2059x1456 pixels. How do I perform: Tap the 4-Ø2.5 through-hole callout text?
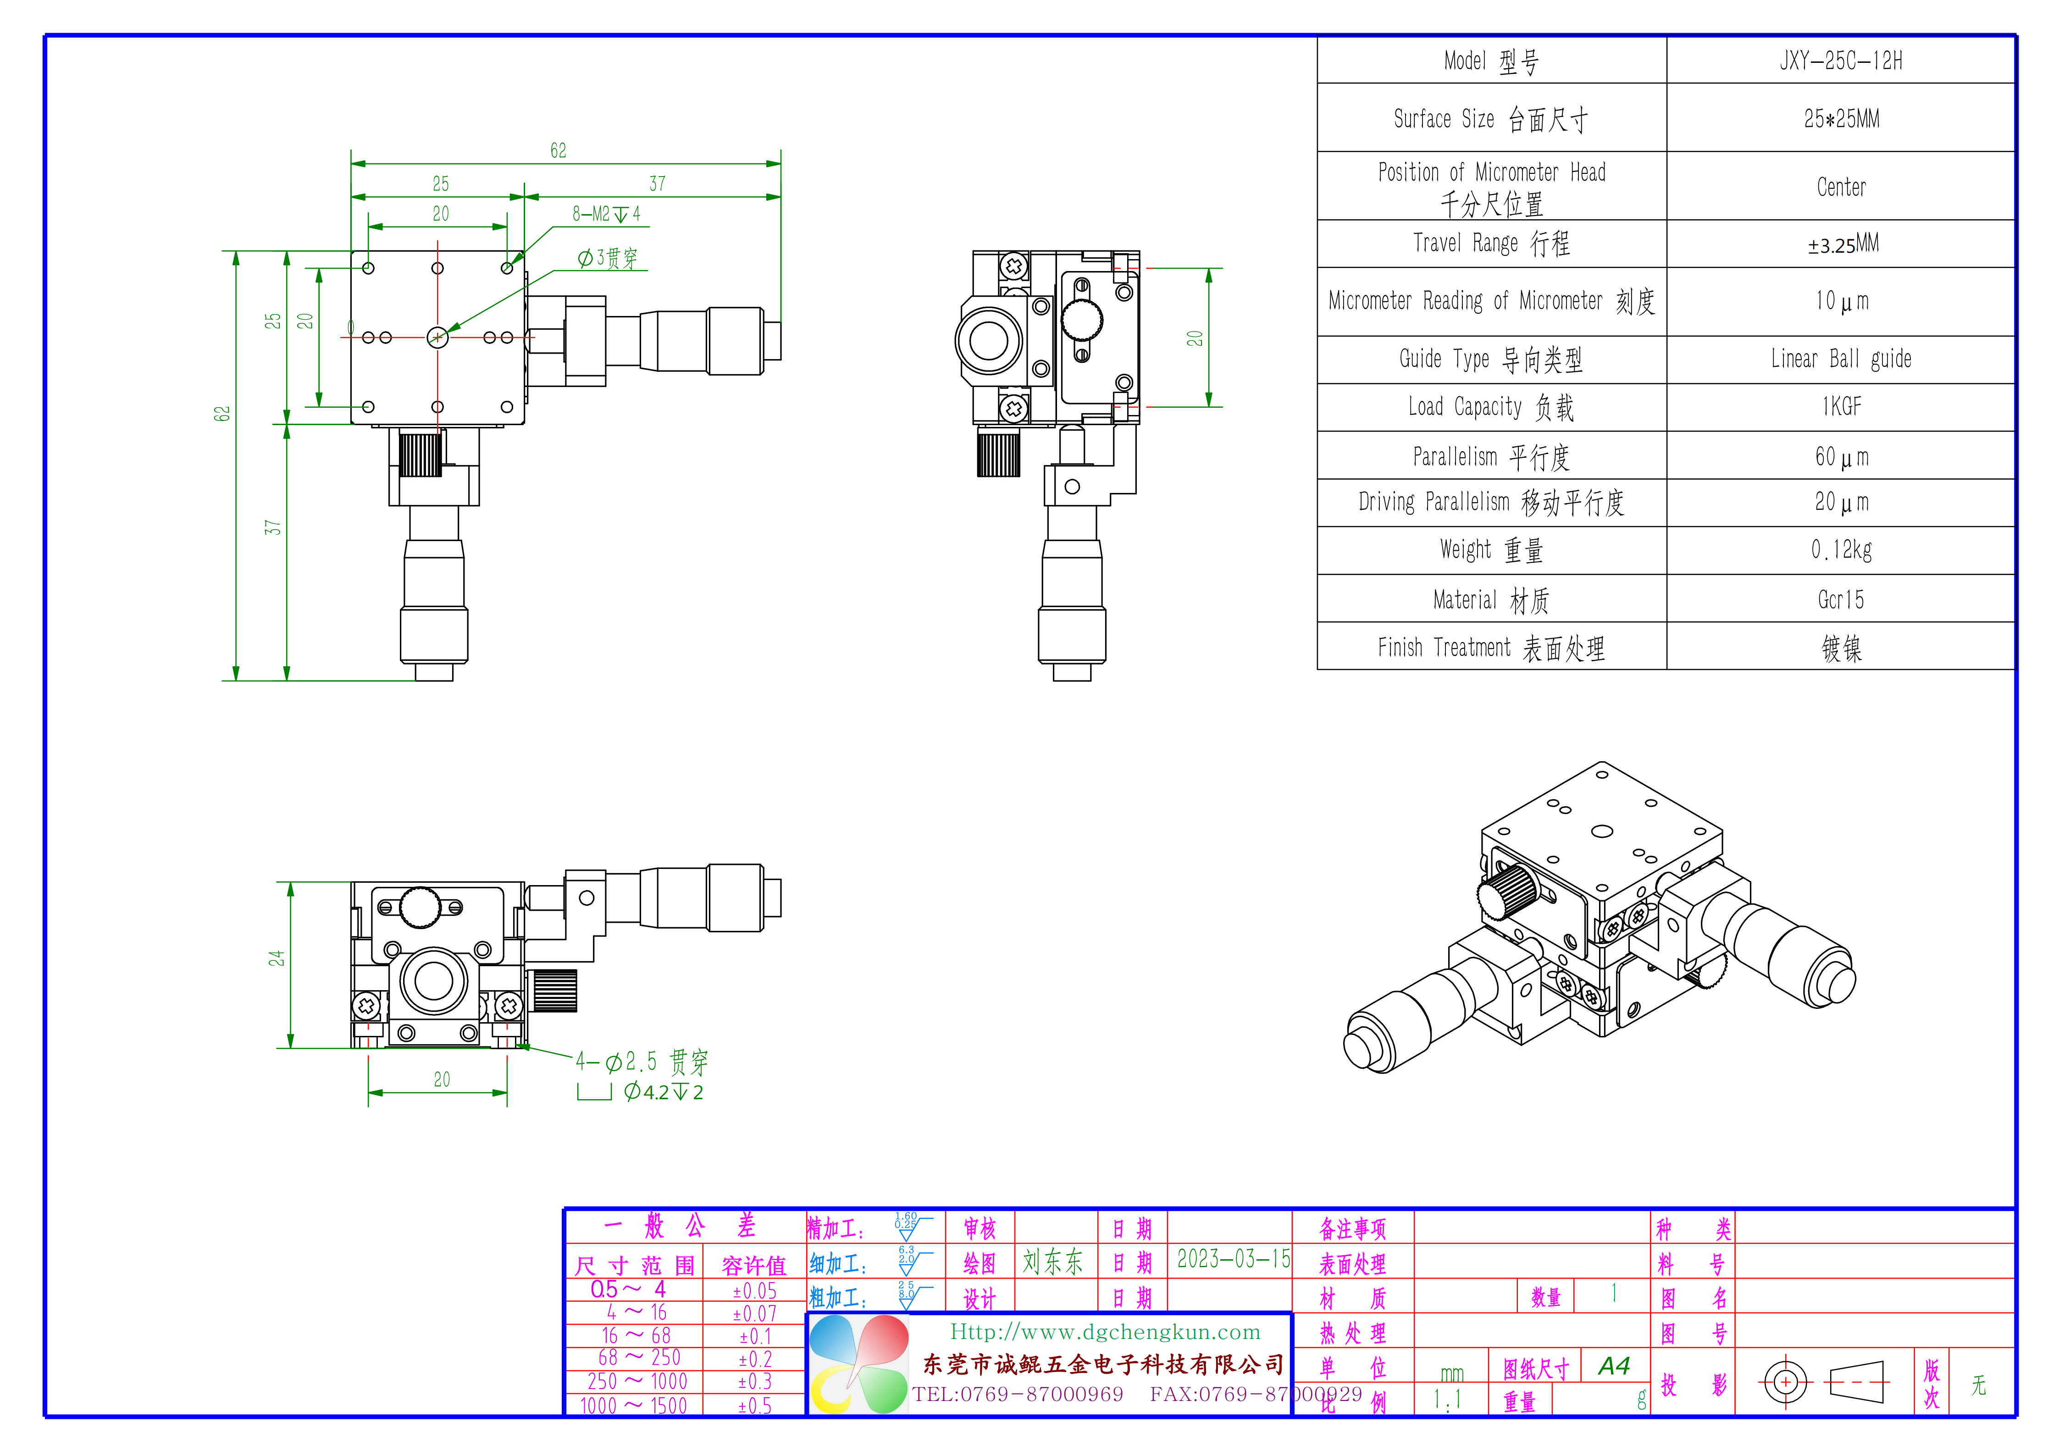click(641, 1063)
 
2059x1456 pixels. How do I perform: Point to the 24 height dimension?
click(276, 958)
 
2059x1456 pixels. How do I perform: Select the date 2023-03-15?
click(1233, 1260)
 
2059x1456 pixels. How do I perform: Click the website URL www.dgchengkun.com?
click(1105, 1332)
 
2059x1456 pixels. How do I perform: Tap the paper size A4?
click(1613, 1366)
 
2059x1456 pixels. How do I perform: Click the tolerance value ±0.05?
click(754, 1291)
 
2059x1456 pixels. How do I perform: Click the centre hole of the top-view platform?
click(437, 337)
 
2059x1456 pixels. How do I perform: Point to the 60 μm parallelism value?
click(1841, 457)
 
